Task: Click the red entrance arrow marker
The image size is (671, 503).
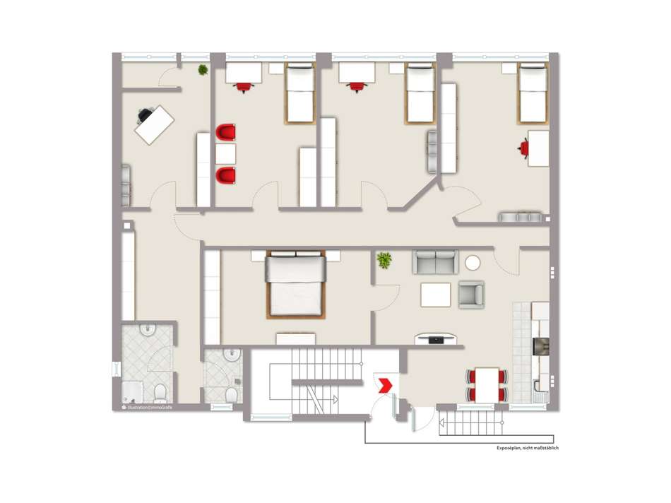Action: [385, 385]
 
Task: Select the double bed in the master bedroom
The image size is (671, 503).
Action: [295, 284]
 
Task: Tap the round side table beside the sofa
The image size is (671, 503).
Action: [473, 263]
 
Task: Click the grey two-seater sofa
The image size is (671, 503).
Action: [436, 262]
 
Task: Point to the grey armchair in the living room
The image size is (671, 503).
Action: [471, 294]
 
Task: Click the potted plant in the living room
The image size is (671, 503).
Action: [384, 260]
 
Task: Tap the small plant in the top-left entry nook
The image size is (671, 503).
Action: [203, 70]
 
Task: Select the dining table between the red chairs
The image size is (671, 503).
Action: [487, 384]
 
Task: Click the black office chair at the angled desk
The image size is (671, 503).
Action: [147, 114]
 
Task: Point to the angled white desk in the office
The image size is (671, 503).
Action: [155, 124]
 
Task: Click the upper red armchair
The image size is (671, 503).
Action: [226, 133]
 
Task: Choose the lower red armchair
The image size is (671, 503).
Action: [226, 174]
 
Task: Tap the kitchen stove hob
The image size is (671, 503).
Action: [540, 347]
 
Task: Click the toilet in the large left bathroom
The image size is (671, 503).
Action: [160, 392]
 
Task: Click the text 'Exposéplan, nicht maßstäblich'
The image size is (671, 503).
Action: [527, 447]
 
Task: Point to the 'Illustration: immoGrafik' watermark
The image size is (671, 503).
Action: [147, 408]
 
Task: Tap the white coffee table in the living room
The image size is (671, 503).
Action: [436, 294]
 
